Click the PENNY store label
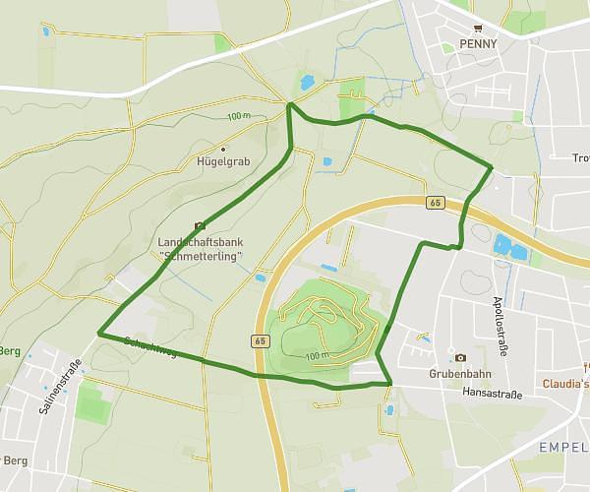click(x=477, y=44)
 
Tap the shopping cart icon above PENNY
click(x=478, y=29)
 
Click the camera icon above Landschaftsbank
click(x=200, y=225)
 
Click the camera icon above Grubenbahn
click(x=459, y=357)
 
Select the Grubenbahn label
click(x=459, y=374)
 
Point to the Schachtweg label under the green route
click(x=150, y=346)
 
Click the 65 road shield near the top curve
click(x=435, y=202)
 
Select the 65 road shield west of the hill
click(x=260, y=340)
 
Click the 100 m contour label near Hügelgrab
click(x=238, y=117)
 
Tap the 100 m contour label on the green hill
click(x=316, y=355)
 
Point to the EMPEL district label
click(x=563, y=448)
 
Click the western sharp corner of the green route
click(x=99, y=334)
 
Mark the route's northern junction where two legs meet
click(x=289, y=103)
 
